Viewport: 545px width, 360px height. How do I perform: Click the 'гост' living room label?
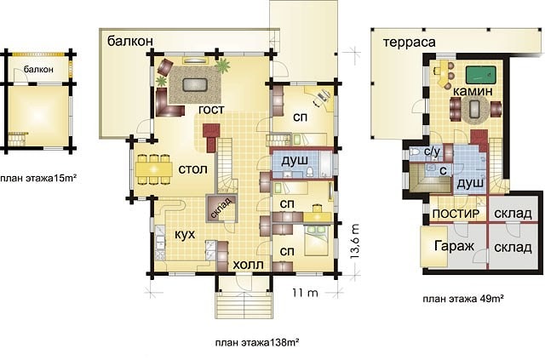[x=211, y=109]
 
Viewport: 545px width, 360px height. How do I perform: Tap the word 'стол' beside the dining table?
[x=193, y=169]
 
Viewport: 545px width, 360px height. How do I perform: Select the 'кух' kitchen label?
[x=185, y=234]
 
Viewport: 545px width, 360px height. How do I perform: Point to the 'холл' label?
[x=248, y=265]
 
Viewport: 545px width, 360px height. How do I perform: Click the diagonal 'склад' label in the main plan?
[x=221, y=209]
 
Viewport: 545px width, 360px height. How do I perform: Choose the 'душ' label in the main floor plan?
[x=295, y=161]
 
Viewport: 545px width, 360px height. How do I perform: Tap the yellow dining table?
[x=153, y=169]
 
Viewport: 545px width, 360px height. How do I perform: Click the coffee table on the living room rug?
[x=195, y=85]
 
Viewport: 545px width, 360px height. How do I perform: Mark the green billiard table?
[x=480, y=74]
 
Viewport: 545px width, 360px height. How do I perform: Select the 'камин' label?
[x=473, y=91]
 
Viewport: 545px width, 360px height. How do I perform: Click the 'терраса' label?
[x=410, y=42]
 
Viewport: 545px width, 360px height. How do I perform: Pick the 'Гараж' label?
[x=454, y=246]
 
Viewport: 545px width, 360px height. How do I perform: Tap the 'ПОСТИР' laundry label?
[x=456, y=214]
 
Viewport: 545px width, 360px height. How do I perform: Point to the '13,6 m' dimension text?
[x=354, y=241]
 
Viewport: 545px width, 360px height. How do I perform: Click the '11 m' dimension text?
[x=305, y=293]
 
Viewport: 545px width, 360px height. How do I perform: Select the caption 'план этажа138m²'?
[x=257, y=343]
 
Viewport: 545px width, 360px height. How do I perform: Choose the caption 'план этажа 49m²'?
[x=463, y=299]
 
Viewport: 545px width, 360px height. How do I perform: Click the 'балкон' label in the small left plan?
[x=38, y=70]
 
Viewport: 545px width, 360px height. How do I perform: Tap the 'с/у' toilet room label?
[x=432, y=151]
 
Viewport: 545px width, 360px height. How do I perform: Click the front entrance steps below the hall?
[x=244, y=305]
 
